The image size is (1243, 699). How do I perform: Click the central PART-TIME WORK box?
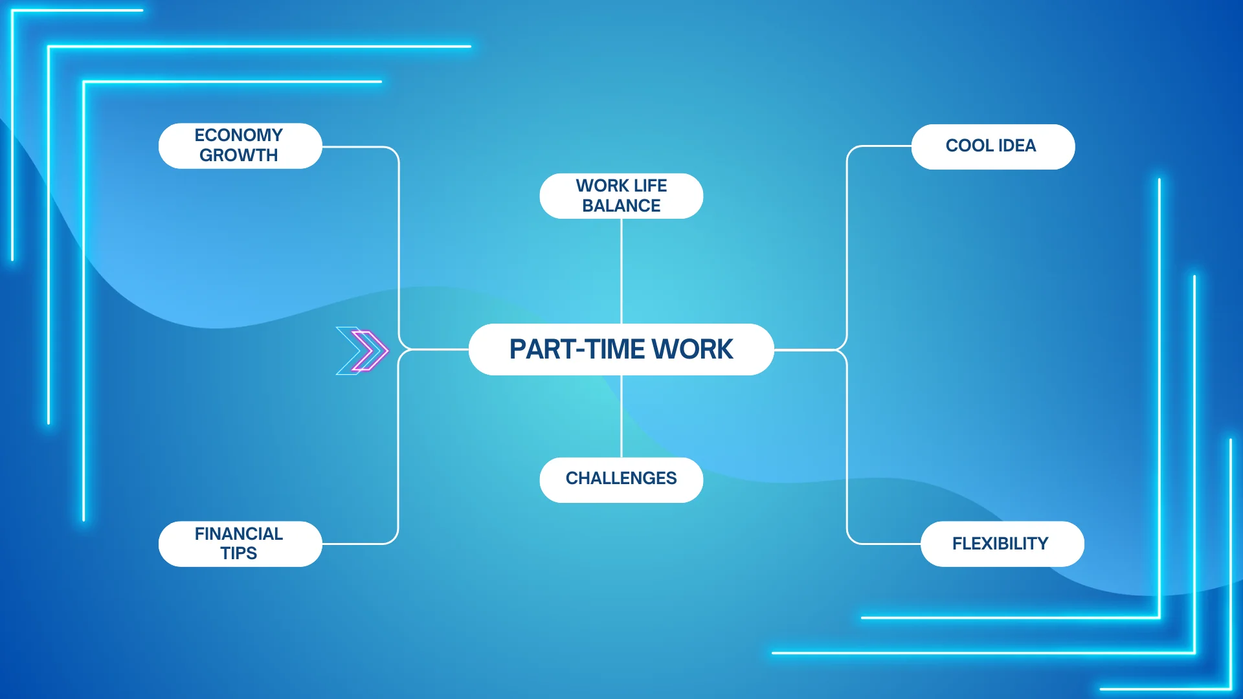[621, 349]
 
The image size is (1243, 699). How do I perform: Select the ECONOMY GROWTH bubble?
[240, 146]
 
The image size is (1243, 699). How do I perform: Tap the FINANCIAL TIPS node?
[240, 544]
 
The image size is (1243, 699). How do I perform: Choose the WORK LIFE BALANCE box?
[621, 195]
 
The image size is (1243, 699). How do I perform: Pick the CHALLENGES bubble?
[621, 480]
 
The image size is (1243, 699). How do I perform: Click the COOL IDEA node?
[992, 146]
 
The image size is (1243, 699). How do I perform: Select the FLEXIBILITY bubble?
[1002, 544]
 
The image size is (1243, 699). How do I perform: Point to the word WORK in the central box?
[692, 349]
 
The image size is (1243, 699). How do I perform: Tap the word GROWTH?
[238, 155]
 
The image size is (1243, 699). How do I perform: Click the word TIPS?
[238, 553]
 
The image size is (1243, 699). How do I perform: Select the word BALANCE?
[621, 206]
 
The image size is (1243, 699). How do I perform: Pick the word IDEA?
[1017, 146]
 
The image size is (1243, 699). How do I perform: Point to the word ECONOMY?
[238, 135]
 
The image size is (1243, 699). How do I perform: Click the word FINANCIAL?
[238, 534]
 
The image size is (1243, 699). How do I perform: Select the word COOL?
[969, 146]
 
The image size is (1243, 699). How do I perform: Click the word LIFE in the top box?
[650, 186]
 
